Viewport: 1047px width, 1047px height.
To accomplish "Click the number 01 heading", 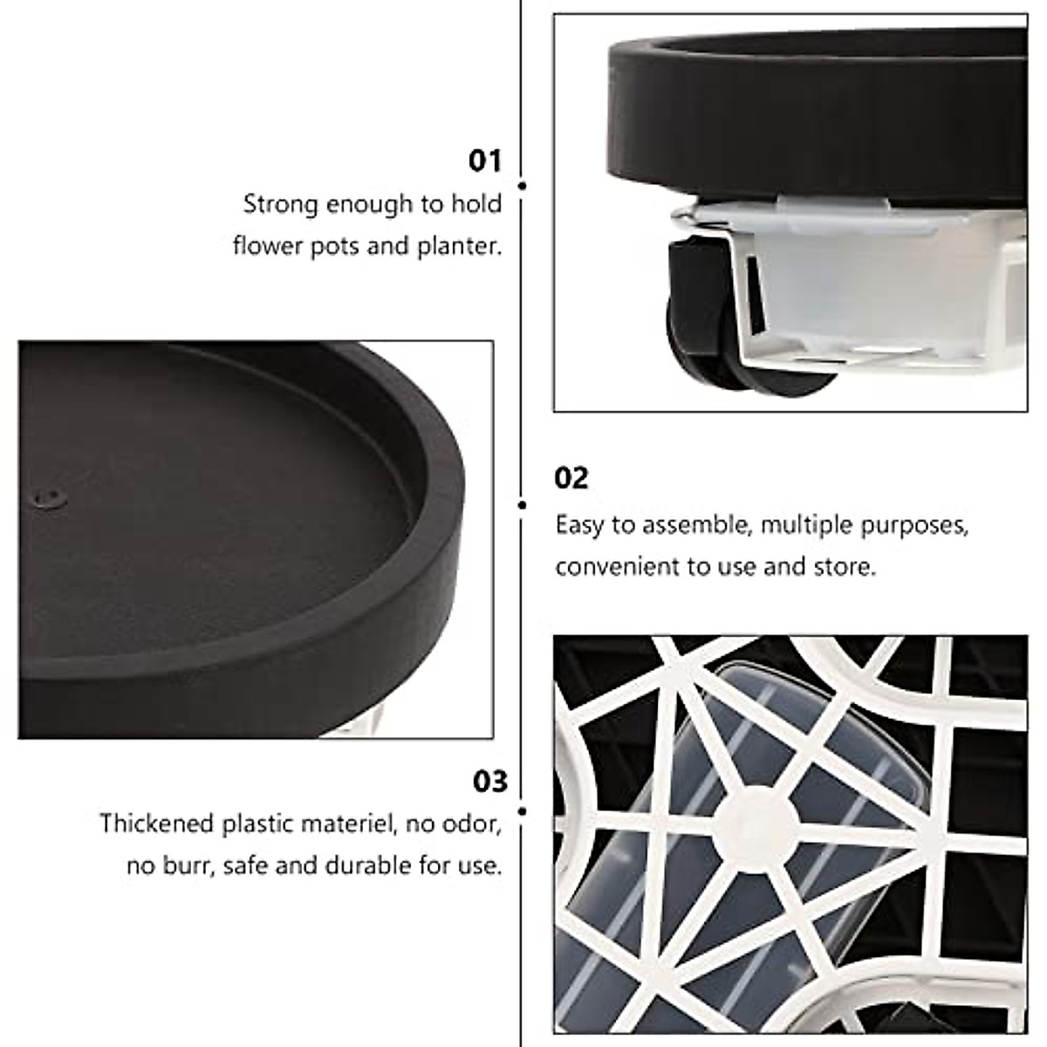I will (x=486, y=161).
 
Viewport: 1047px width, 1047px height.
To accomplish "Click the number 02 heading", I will (x=572, y=478).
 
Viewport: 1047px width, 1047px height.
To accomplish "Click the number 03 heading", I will (x=489, y=781).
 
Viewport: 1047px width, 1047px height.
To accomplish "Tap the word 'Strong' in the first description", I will (x=280, y=205).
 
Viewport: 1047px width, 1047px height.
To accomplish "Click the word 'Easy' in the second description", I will (x=581, y=525).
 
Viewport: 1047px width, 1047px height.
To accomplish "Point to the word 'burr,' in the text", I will (x=188, y=866).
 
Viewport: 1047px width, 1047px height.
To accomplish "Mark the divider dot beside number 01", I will (x=522, y=186).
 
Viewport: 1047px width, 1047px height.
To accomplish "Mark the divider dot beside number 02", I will (x=522, y=504).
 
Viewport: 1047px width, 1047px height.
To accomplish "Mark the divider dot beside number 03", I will (x=522, y=811).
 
